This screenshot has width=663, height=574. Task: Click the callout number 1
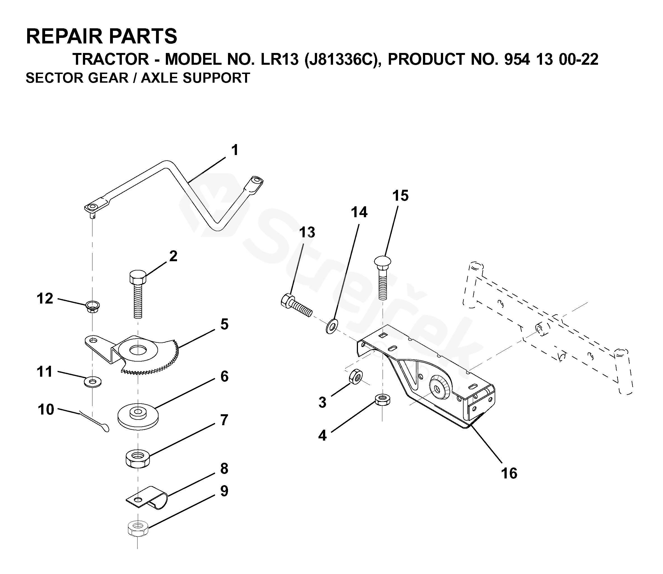point(235,150)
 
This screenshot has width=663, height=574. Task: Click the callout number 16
point(509,473)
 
